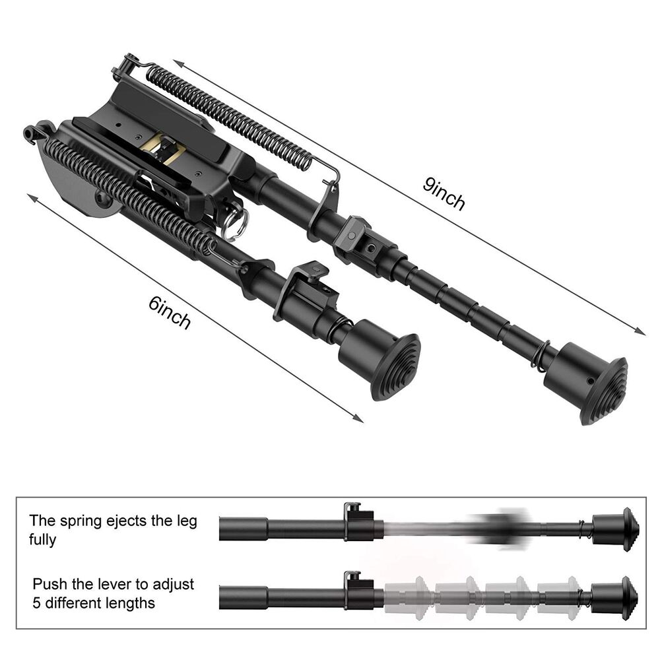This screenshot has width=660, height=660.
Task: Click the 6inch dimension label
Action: tap(170, 312)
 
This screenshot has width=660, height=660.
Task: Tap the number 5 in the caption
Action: tap(37, 603)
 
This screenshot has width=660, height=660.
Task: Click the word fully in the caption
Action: tap(43, 540)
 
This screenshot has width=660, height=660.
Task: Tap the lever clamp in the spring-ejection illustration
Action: tap(357, 521)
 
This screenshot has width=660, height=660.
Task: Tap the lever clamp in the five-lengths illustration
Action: tap(357, 589)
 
